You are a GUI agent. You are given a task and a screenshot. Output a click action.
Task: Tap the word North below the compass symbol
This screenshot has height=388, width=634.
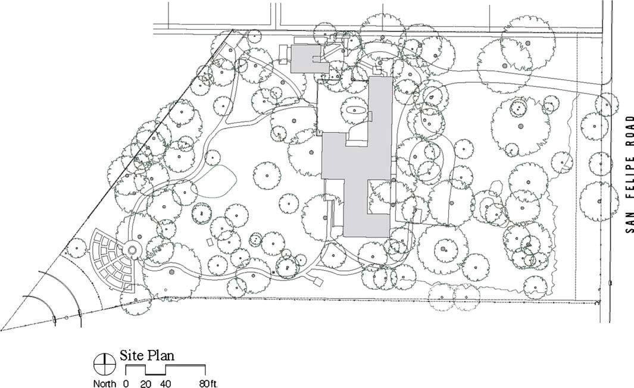click(104, 383)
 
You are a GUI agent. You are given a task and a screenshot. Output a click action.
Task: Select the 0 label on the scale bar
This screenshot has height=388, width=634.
click(126, 383)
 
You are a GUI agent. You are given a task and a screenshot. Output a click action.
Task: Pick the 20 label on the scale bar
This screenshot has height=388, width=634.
click(146, 383)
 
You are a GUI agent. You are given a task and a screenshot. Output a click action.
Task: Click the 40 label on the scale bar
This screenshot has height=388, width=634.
click(165, 383)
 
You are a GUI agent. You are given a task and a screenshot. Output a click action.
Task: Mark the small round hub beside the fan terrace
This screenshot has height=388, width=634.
click(133, 250)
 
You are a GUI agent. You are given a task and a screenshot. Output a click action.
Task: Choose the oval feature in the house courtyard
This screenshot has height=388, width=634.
click(356, 110)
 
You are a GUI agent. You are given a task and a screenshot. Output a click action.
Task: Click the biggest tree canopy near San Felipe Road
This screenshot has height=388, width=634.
click(520, 126)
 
